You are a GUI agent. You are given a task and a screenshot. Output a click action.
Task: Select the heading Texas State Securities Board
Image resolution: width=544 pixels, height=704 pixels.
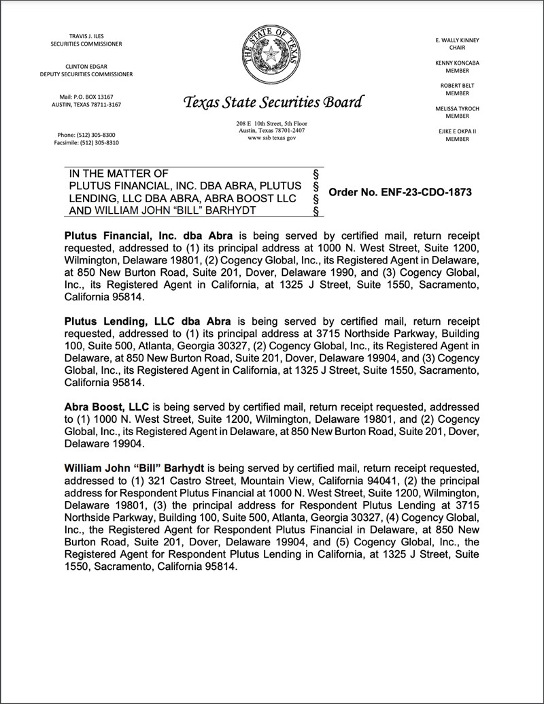[273, 103]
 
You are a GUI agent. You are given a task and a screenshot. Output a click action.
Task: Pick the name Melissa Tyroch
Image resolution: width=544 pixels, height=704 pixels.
[457, 108]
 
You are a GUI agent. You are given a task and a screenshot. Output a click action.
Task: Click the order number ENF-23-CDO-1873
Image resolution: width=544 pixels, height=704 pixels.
[400, 193]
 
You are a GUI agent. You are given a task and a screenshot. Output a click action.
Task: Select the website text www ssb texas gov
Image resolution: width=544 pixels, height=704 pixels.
[271, 138]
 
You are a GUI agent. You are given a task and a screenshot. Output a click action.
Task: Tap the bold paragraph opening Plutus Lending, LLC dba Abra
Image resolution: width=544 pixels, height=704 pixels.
[148, 321]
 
